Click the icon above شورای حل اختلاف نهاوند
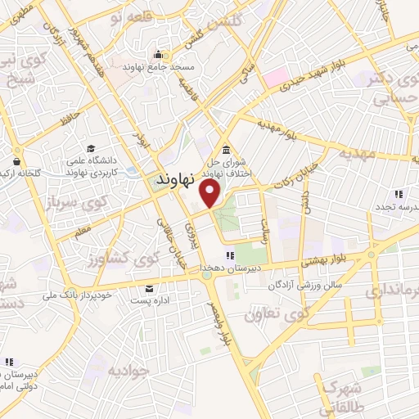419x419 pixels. tap(225, 149)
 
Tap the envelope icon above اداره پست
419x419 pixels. tap(149, 289)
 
